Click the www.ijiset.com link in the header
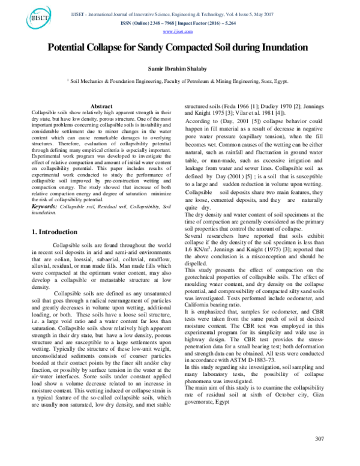[x=180, y=31]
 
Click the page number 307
[x=319, y=453]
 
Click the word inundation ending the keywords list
[x=45, y=213]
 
